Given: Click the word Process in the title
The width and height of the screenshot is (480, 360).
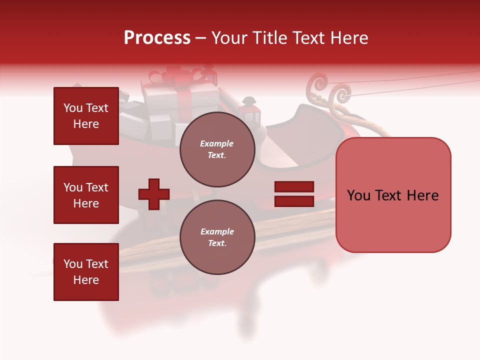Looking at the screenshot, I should [157, 38].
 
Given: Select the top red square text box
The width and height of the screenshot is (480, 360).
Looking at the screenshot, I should [86, 116].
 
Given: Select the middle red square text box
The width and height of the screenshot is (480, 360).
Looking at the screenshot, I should [86, 195].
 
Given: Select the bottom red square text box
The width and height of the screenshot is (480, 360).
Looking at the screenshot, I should [86, 272].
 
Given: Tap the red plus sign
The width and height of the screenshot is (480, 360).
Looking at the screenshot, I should [154, 194].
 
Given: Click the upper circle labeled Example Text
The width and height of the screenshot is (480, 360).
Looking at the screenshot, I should [217, 149].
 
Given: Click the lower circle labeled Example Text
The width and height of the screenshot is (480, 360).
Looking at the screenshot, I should [217, 237].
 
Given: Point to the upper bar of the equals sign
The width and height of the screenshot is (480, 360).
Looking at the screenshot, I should [294, 186].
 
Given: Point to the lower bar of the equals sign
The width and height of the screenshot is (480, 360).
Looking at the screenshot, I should [294, 201].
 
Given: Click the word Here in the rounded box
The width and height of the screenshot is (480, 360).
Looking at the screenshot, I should [422, 195].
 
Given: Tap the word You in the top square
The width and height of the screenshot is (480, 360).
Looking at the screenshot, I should [73, 108].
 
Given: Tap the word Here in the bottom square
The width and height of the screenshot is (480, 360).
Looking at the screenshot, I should [86, 280].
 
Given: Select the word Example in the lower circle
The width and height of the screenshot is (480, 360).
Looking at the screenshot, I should [217, 231].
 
